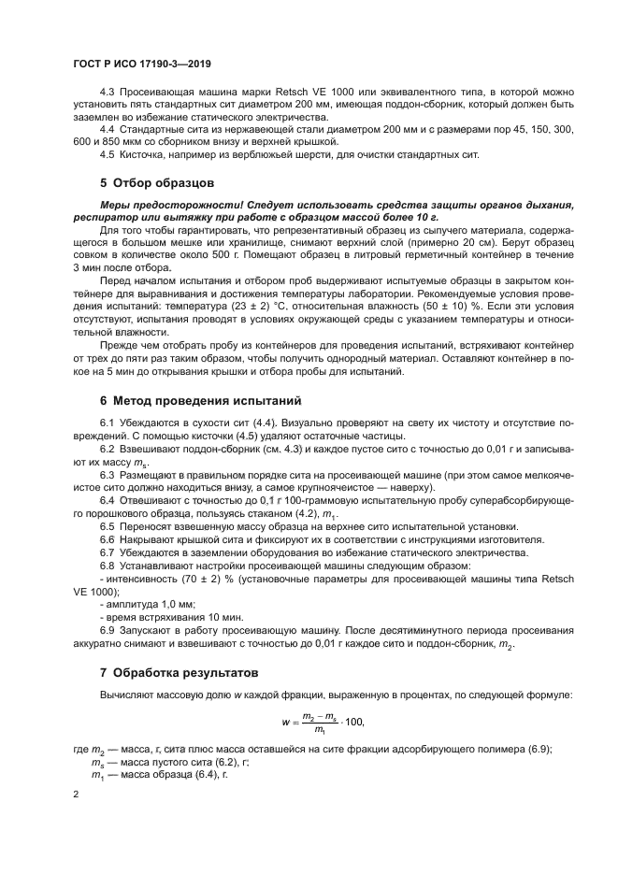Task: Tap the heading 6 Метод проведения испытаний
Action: point(201,401)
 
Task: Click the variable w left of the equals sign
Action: point(286,722)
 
